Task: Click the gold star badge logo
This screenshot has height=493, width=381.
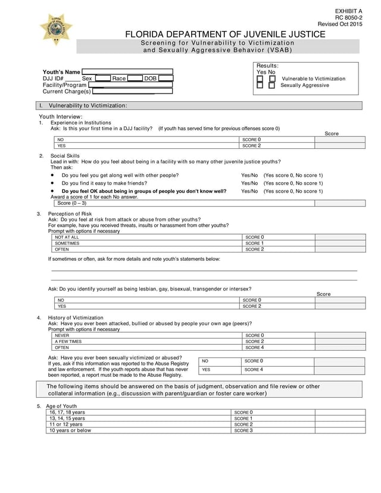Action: pyautogui.click(x=56, y=29)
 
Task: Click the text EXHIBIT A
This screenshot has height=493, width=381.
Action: pyautogui.click(x=348, y=11)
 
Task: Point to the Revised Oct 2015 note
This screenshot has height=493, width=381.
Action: pyautogui.click(x=339, y=24)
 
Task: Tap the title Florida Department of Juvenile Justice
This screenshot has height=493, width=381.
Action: pyautogui.click(x=225, y=35)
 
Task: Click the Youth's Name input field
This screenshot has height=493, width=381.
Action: pyautogui.click(x=127, y=72)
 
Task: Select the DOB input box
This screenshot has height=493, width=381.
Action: pyautogui.click(x=166, y=79)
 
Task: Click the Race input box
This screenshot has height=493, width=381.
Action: pyautogui.click(x=135, y=79)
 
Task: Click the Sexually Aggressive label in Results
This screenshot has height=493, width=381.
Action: pyautogui.click(x=304, y=86)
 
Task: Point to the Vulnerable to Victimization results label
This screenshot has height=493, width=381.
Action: pyautogui.click(x=313, y=79)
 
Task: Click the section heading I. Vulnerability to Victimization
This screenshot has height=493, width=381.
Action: pyautogui.click(x=88, y=105)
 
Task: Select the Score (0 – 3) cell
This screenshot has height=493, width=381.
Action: pyautogui.click(x=71, y=203)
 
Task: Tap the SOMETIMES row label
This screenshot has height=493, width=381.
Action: pyautogui.click(x=67, y=244)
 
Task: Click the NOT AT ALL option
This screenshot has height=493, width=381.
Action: pyautogui.click(x=67, y=237)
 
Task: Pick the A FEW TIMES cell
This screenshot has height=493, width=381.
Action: pyautogui.click(x=68, y=342)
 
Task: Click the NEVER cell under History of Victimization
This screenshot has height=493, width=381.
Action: pyautogui.click(x=62, y=335)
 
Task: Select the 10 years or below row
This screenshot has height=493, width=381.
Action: pyautogui.click(x=70, y=430)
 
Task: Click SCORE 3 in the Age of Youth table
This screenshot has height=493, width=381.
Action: pyautogui.click(x=243, y=430)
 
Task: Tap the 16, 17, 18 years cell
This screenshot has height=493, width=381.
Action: pyautogui.click(x=67, y=412)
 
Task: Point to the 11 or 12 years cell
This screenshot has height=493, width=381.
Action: pyautogui.click(x=66, y=425)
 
